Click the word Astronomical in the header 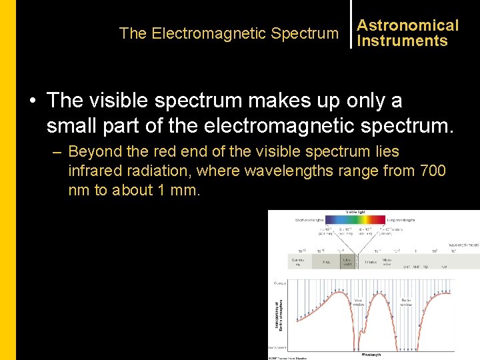[x=407, y=25]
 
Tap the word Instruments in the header [x=402, y=41]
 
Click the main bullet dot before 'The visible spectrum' [x=32, y=101]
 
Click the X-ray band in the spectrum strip [x=326, y=262]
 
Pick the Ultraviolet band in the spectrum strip [x=348, y=262]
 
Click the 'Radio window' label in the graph [x=407, y=302]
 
